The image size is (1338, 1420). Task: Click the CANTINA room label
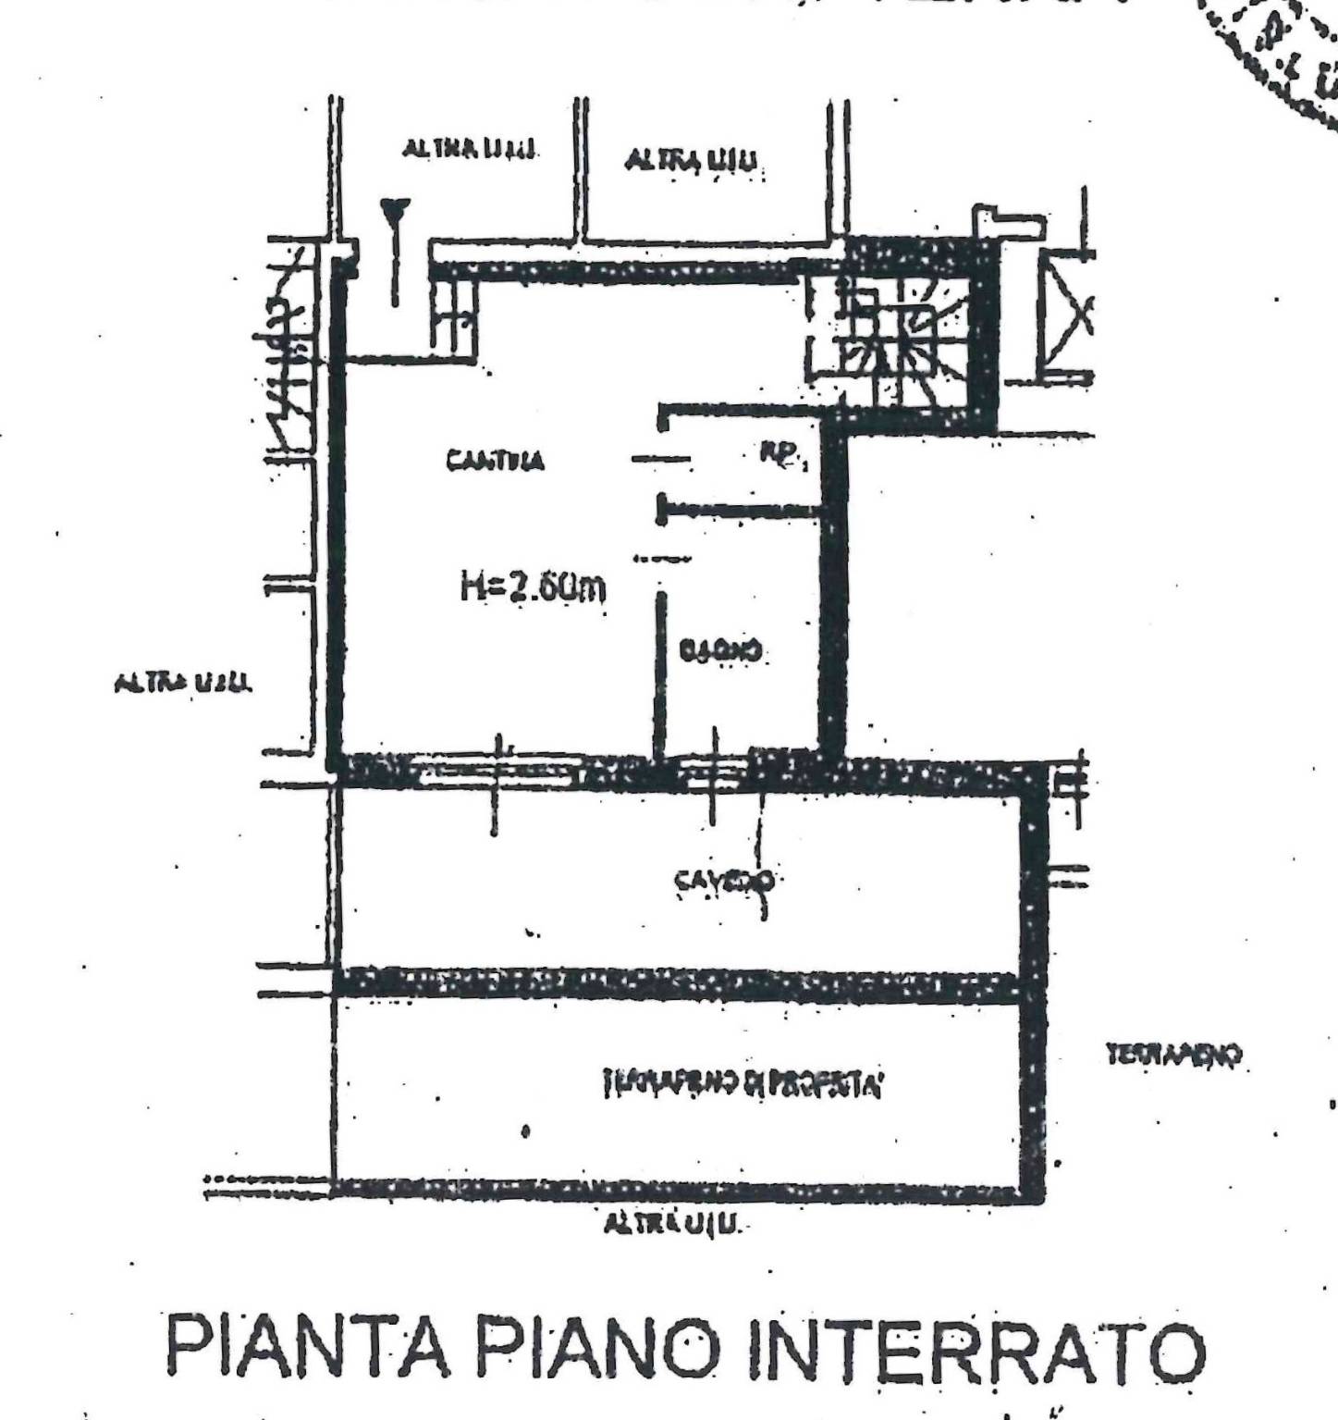(496, 460)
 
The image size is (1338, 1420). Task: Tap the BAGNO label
(721, 652)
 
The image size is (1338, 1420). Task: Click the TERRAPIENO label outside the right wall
(1173, 1055)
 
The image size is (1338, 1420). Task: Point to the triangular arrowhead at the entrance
(395, 211)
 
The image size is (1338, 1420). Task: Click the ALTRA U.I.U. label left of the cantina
(183, 684)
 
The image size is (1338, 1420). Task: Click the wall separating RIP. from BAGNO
(740, 510)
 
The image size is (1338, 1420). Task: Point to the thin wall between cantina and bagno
(659, 675)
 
